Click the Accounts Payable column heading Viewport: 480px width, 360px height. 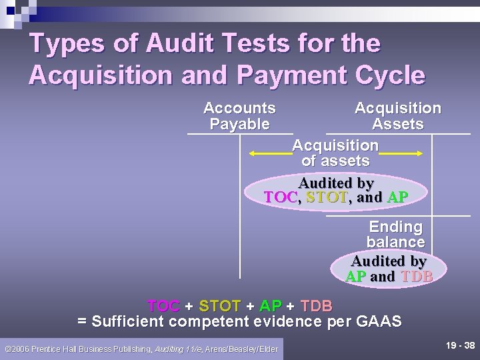click(x=239, y=116)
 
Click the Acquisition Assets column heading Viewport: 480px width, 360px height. click(x=397, y=116)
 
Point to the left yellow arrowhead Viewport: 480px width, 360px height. click(x=252, y=153)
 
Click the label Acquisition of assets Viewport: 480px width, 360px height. click(x=335, y=153)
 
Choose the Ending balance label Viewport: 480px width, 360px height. click(x=395, y=234)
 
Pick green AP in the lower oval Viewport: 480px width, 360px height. click(x=355, y=277)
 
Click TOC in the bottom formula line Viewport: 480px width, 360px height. click(x=163, y=306)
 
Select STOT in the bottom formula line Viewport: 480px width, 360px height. click(x=220, y=306)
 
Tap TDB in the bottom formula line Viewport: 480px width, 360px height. click(x=316, y=306)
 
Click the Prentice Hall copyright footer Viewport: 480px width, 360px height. click(x=141, y=349)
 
